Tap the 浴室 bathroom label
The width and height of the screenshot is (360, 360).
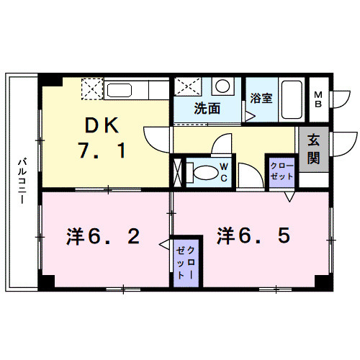pyautogui.click(x=261, y=98)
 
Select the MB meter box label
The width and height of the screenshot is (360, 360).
pyautogui.click(x=318, y=98)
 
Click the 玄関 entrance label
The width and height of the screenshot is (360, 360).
pyautogui.click(x=314, y=149)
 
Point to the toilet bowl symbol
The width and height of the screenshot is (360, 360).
pyautogui.click(x=204, y=174)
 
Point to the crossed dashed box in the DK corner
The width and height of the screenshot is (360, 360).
pyautogui.click(x=92, y=89)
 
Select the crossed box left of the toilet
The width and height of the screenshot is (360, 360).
pyautogui.click(x=178, y=171)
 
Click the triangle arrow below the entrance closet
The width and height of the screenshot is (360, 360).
pyautogui.click(x=289, y=196)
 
